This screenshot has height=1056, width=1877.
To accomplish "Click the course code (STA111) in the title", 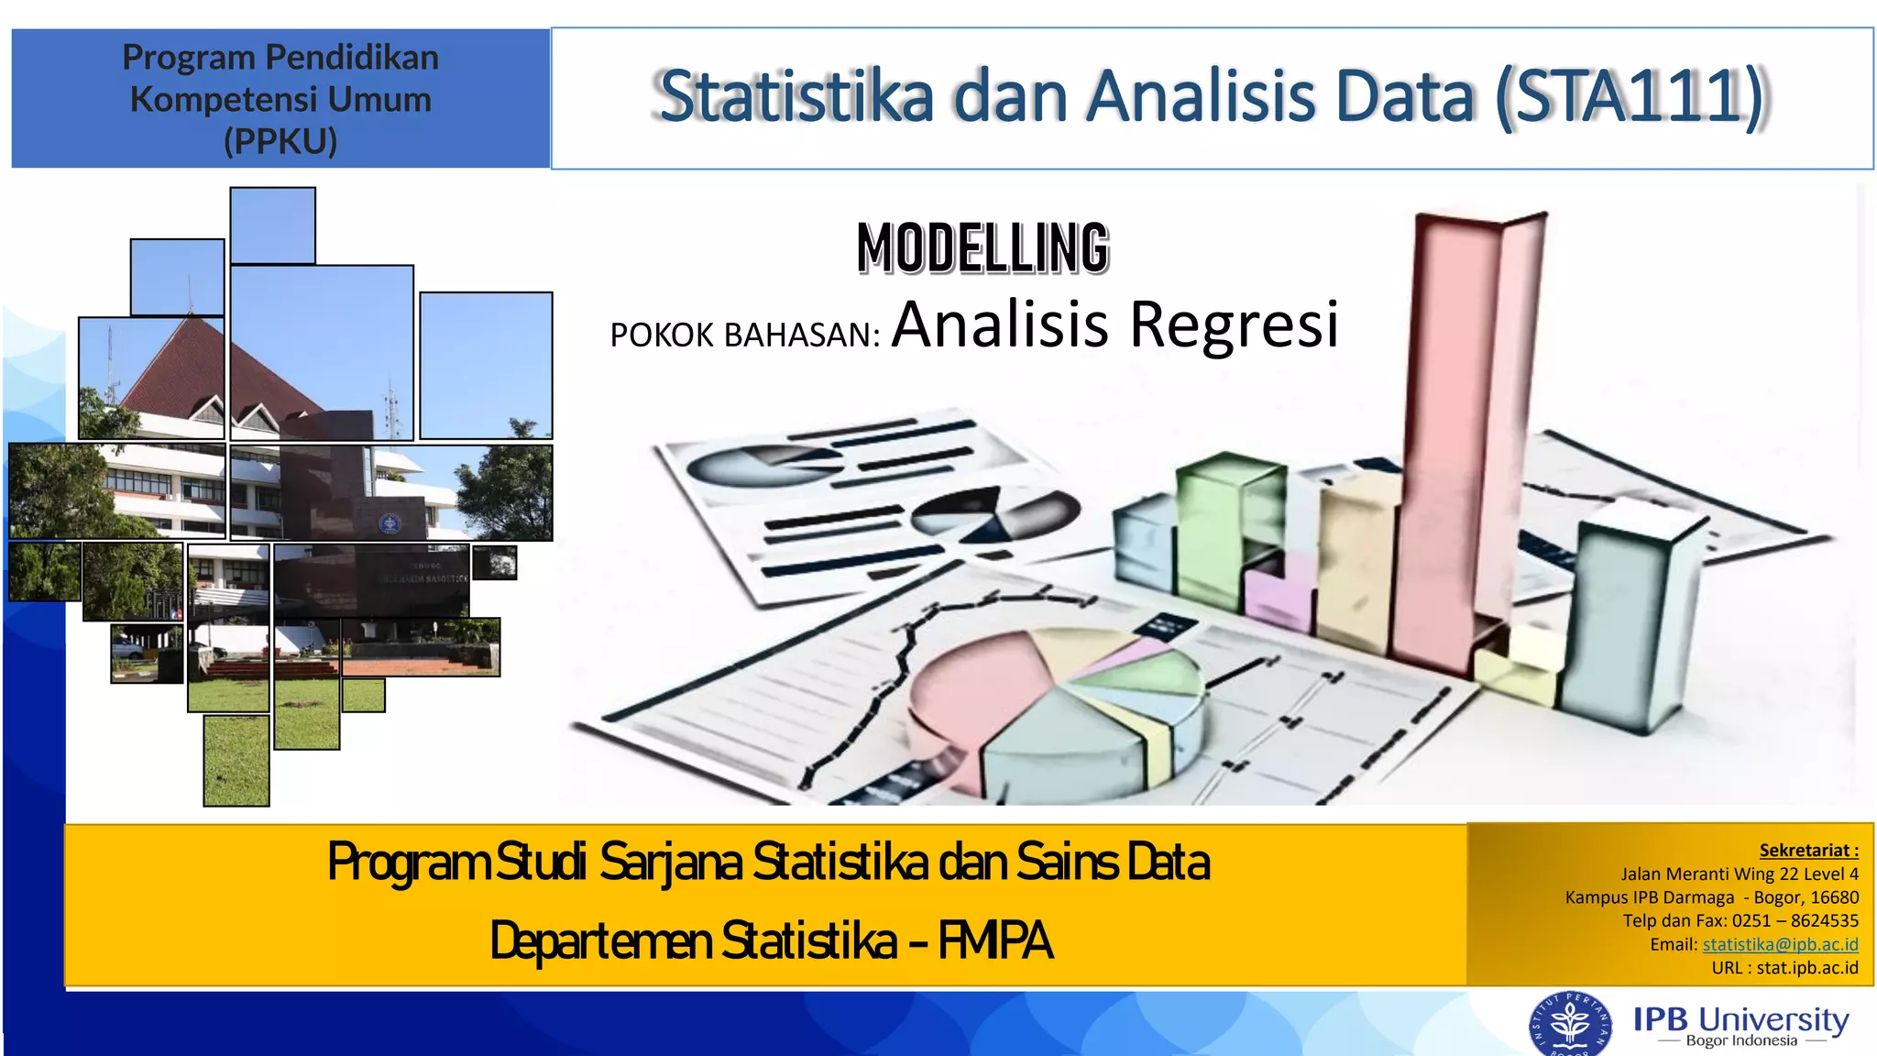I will point(1630,96).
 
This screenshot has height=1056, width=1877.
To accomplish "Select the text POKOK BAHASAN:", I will point(744,335).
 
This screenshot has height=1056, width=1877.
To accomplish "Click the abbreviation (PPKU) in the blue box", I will point(280,141).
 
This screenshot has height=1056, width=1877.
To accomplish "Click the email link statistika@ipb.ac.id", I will point(1780,944).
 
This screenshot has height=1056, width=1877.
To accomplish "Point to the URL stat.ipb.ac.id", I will point(1806,968).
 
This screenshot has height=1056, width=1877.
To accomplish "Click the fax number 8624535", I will point(1824,920).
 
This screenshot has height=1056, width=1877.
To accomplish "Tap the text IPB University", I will point(1740,1019).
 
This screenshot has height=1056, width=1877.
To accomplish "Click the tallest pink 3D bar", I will point(1448,440).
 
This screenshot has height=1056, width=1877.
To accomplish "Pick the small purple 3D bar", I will point(1279,600).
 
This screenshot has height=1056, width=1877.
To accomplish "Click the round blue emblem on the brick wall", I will point(390,523).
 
